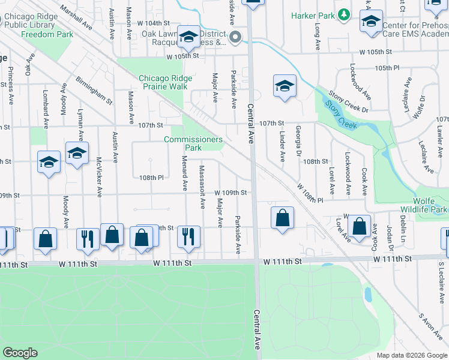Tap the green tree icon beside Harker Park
tap(343, 13)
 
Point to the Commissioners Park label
tap(193, 143)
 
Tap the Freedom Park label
tap(47, 35)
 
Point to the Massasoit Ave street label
tap(202, 187)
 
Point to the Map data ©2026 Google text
tap(411, 355)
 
